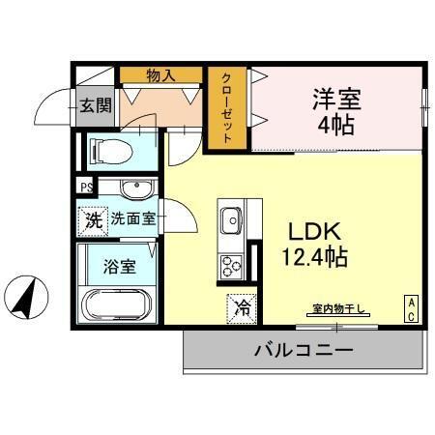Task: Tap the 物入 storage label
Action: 159,74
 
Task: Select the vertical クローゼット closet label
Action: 226,108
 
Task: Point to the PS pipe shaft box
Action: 86,188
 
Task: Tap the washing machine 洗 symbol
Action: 92,219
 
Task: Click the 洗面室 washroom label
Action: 132,219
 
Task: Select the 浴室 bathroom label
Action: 121,264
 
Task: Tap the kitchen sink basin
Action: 232,223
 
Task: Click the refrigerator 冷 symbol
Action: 244,308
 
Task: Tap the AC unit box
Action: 411,309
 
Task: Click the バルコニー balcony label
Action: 304,349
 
